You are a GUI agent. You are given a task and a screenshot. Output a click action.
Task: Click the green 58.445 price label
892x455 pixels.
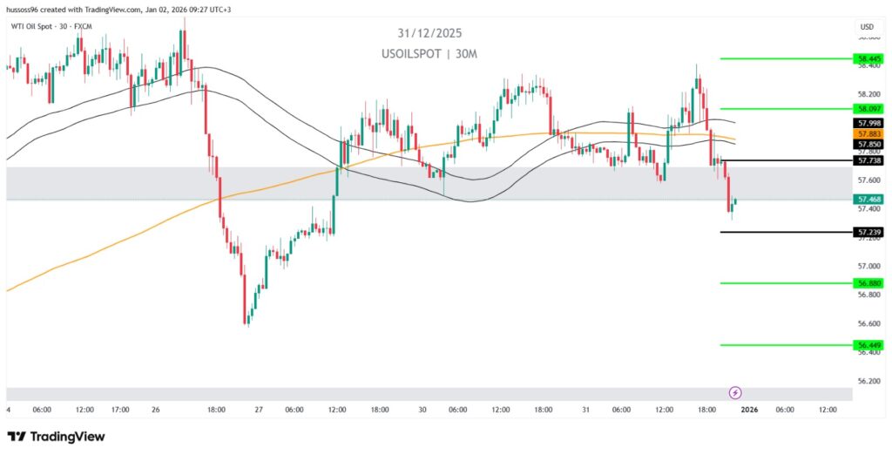[868, 58]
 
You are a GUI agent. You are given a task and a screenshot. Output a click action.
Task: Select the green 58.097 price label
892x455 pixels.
[868, 109]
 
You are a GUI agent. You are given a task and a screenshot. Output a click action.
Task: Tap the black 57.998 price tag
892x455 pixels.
[868, 124]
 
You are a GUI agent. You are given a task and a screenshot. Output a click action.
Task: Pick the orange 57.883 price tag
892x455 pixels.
[868, 133]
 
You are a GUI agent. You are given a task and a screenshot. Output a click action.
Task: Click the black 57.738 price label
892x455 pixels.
[868, 160]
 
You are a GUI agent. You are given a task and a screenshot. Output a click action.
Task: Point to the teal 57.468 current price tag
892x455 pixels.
[868, 200]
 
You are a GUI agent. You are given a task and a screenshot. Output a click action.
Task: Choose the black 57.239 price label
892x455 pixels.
[868, 232]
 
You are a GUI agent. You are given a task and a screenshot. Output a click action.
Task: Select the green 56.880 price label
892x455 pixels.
[868, 283]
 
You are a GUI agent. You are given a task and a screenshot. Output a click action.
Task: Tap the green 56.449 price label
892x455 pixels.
[868, 345]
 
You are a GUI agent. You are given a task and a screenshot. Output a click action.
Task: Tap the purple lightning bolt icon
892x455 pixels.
[735, 393]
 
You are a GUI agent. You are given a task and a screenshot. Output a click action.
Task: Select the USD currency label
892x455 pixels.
[867, 27]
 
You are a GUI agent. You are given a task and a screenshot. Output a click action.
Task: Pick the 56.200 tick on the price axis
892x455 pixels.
[868, 381]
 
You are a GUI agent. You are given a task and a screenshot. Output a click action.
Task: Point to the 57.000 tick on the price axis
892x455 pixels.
[868, 266]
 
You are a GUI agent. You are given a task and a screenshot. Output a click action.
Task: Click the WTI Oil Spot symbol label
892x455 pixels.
[52, 26]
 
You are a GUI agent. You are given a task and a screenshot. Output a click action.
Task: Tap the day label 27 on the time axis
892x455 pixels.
[259, 410]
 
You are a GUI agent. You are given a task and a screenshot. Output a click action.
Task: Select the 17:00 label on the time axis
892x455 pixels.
[120, 410]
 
